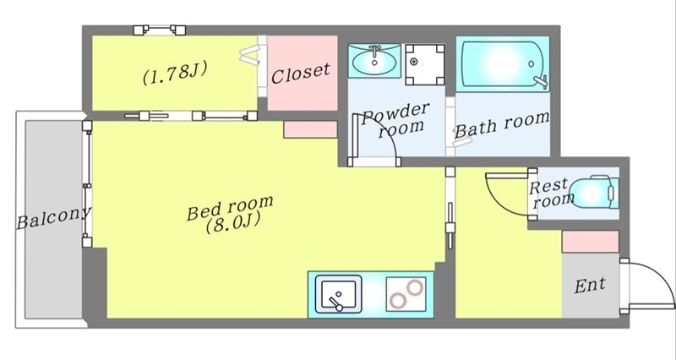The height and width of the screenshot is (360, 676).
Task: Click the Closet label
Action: point(301,72)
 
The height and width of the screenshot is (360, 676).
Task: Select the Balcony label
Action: point(53,221)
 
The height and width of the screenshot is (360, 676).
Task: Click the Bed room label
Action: point(230,205)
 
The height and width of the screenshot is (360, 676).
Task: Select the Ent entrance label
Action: point(590,286)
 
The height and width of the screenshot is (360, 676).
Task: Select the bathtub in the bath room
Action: point(503,64)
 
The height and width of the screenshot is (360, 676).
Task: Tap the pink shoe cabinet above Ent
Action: point(591,240)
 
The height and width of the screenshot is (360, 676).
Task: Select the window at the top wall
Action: point(160,30)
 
